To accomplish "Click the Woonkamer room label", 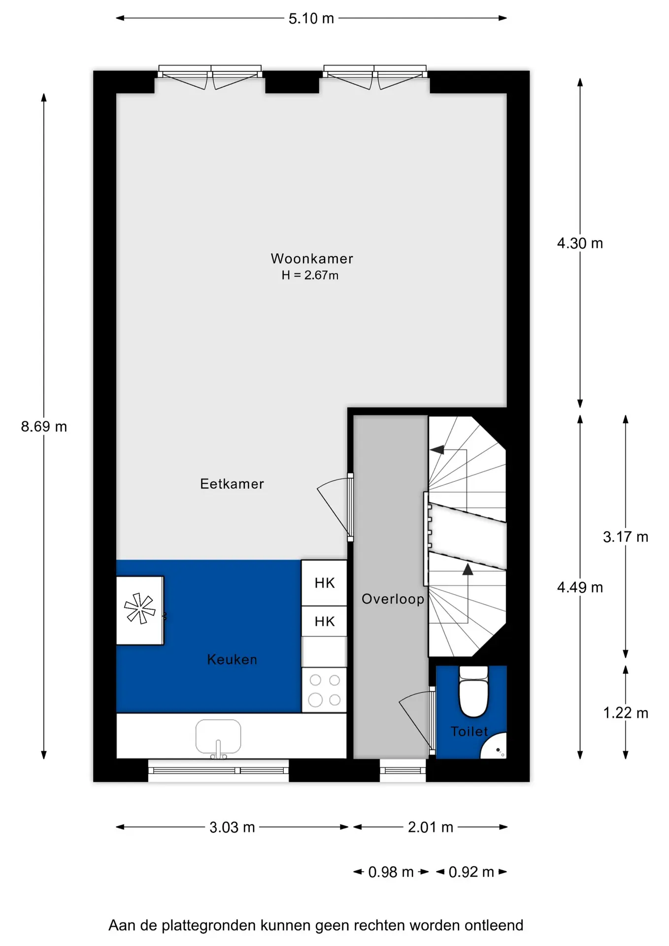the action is click(x=312, y=259).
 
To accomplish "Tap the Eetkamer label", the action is click(x=232, y=484).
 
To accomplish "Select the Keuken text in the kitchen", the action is click(x=232, y=659).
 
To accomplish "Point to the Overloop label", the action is click(x=393, y=599).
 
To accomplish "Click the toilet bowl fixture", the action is click(x=473, y=691).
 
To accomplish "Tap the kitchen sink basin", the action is click(x=218, y=737).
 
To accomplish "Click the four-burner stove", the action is click(x=324, y=690).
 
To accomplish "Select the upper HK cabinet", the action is click(x=324, y=583).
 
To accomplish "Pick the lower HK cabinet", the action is click(x=324, y=621).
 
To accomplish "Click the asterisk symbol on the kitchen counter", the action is click(x=139, y=608).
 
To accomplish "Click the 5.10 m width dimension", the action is click(x=311, y=19).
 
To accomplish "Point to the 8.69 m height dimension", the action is click(x=44, y=426).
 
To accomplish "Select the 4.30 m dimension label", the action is click(x=580, y=243).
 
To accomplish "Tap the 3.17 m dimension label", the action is click(x=626, y=537).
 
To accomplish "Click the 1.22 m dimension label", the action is click(x=626, y=713).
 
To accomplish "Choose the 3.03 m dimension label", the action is click(x=232, y=827).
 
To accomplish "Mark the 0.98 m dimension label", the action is click(x=391, y=872).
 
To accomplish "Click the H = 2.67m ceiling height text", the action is click(x=310, y=275).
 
